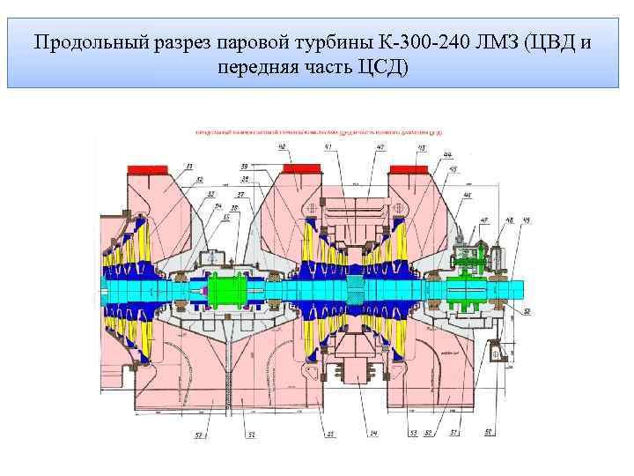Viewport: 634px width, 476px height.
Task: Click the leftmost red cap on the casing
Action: (x=148, y=168)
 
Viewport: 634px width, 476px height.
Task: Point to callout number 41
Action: (x=328, y=147)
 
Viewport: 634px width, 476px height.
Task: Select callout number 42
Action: (x=380, y=147)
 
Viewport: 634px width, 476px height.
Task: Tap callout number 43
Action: (x=421, y=147)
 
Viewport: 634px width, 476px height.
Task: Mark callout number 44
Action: (x=446, y=156)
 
